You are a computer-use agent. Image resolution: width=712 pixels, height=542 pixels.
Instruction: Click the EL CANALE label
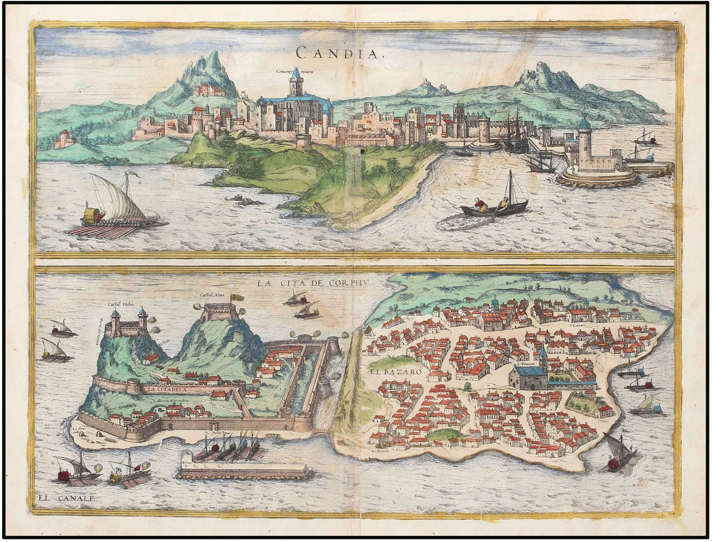pos(66,498)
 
